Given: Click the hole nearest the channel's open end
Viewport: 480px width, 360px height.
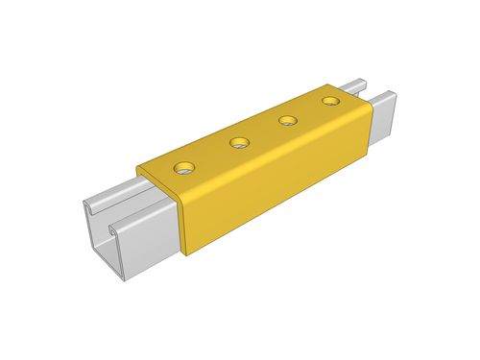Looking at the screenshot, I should [x=183, y=168].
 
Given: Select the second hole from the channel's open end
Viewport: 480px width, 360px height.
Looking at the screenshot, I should [x=239, y=144].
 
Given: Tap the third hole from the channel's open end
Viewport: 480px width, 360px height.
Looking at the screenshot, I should [x=286, y=121].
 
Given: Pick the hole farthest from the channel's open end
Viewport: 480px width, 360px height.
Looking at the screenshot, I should [x=331, y=100].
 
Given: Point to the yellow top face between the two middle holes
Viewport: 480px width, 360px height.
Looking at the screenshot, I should [x=262, y=132].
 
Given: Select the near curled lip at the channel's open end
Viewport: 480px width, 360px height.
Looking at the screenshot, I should [x=119, y=230].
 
